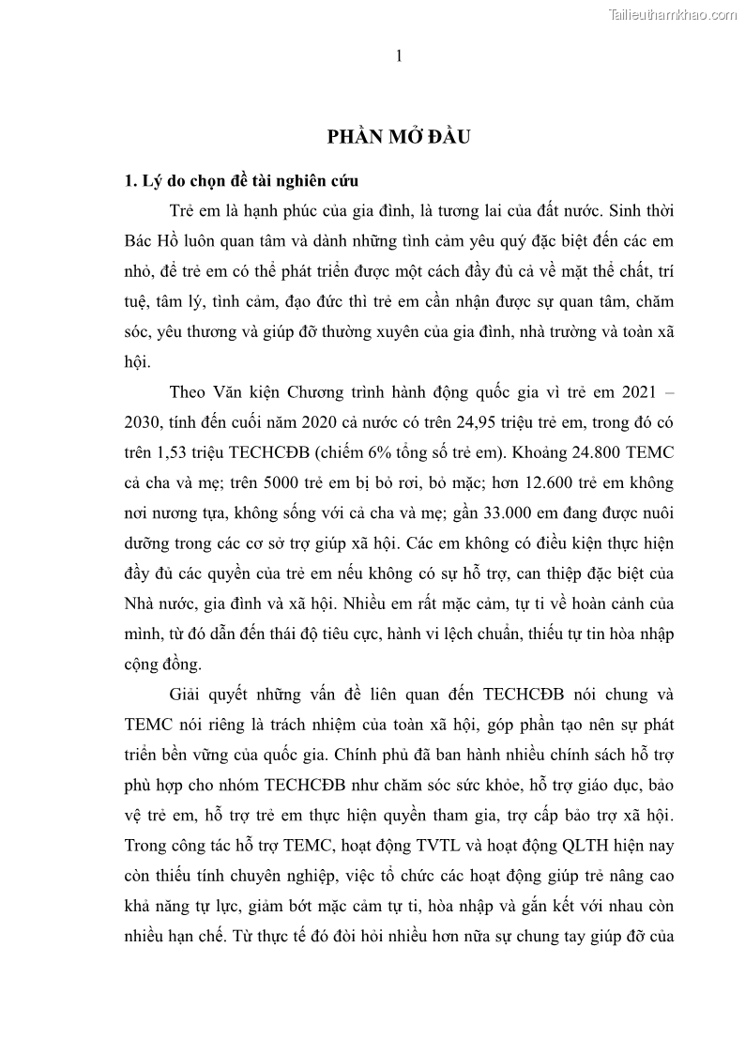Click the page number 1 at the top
399,57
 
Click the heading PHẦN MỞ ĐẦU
398,137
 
